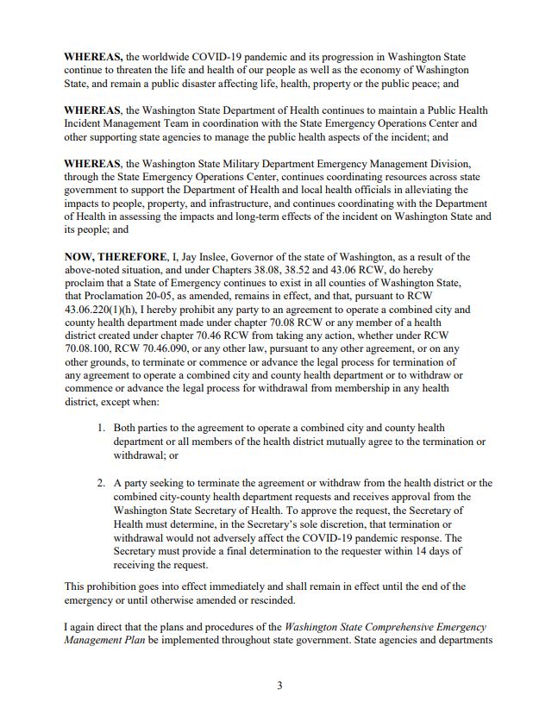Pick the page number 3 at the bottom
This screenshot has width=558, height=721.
pyautogui.click(x=279, y=686)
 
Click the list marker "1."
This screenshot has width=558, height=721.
pyautogui.click(x=101, y=428)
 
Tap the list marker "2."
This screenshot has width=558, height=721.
pyautogui.click(x=101, y=483)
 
